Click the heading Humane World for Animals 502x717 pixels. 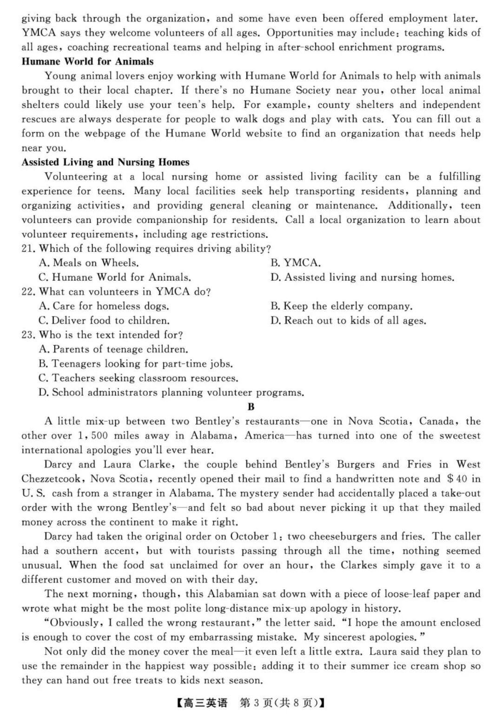(x=87, y=61)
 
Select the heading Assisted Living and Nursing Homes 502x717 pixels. (x=106, y=162)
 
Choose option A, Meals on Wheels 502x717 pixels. (x=89, y=263)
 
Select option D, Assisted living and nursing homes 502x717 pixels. (x=363, y=277)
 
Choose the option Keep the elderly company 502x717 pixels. (x=342, y=306)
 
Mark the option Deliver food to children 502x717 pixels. (x=104, y=321)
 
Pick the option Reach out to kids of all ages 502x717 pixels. (x=348, y=321)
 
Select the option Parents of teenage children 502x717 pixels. (x=113, y=349)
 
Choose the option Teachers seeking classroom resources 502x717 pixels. (x=138, y=378)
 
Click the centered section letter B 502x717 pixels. (x=251, y=407)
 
